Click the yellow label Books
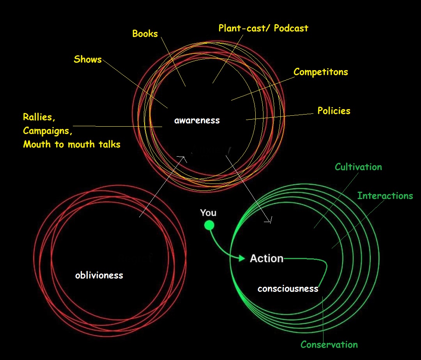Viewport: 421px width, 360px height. coord(145,34)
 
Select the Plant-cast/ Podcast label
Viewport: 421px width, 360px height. coord(263,28)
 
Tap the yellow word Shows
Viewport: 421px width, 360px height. coord(88,60)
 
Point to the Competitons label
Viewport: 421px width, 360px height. coord(320,72)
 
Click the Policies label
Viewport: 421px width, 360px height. coord(334,111)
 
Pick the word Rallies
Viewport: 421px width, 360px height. coord(39,117)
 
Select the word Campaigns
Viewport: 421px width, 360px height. coord(48,131)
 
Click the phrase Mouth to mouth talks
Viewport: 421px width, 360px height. coord(72,145)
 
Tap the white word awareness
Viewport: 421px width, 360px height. coord(197,120)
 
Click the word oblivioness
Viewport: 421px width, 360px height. coord(99,275)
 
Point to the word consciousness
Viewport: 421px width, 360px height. coord(288,289)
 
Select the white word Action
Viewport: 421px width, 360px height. coord(267,258)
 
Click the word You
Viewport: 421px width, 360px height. coord(208,213)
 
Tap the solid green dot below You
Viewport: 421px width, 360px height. coord(209,225)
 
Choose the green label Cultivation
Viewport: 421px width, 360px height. coord(358,167)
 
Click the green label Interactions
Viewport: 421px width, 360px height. coord(385,196)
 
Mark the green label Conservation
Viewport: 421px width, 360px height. coord(329,344)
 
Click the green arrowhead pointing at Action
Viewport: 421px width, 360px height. coord(242,258)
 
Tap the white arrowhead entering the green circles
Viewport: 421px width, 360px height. coord(269,221)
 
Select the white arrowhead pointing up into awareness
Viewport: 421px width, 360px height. coord(183,157)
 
